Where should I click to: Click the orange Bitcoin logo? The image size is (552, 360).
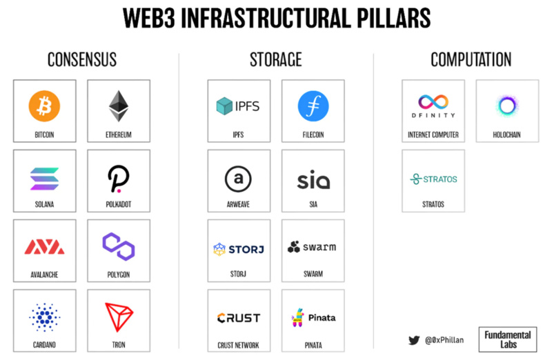(x=44, y=106)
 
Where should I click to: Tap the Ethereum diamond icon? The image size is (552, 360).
(x=119, y=106)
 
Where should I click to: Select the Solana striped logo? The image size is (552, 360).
(x=44, y=179)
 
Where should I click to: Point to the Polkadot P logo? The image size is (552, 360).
(x=118, y=179)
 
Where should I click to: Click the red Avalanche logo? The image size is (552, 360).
(x=44, y=247)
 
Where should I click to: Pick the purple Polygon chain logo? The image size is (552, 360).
(x=119, y=246)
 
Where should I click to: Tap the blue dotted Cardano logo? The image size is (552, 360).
(x=44, y=317)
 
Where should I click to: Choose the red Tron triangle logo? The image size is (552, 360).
(x=119, y=317)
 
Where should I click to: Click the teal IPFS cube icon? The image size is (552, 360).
(x=224, y=106)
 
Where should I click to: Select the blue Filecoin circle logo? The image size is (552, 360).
(x=313, y=106)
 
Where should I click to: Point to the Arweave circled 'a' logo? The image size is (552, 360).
(x=238, y=179)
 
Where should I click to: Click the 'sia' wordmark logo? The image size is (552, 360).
(x=313, y=180)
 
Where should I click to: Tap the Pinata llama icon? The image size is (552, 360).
(x=298, y=317)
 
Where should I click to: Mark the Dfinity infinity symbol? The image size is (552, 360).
(x=433, y=102)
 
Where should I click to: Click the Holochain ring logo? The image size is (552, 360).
(x=507, y=106)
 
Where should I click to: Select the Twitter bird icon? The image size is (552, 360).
(x=414, y=340)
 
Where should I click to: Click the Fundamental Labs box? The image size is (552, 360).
(x=508, y=339)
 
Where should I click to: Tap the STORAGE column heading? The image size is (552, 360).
(x=275, y=59)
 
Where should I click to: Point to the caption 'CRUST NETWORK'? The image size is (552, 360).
(x=238, y=346)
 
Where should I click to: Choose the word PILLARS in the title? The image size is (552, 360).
(x=393, y=18)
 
